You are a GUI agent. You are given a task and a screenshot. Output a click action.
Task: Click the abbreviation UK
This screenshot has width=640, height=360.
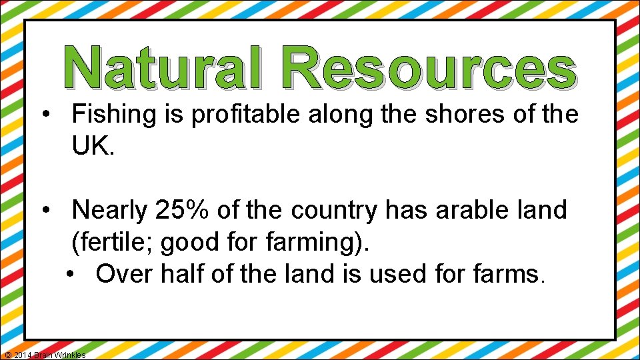coord(93,146)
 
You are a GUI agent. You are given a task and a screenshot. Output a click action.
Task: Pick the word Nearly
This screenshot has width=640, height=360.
coord(110,211)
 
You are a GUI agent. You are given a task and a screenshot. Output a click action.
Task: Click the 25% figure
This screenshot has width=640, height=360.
coord(181,211)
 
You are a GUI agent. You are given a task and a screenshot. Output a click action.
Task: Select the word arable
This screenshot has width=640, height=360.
coord(471,211)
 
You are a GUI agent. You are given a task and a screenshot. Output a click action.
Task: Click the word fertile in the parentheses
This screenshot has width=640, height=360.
coord(114,243)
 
